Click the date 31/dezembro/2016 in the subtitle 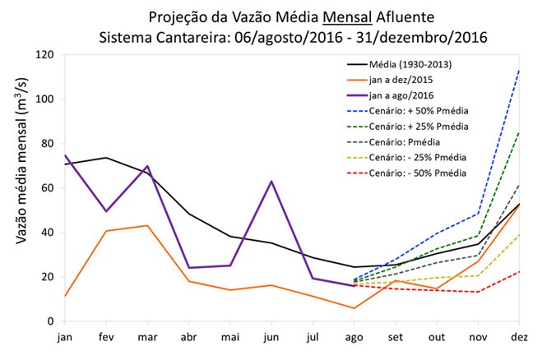click(420, 37)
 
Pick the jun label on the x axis click(271, 337)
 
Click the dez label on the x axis click(519, 337)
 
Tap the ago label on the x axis click(354, 337)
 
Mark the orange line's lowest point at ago click(354, 308)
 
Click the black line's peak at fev click(105, 158)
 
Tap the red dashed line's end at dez click(519, 271)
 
